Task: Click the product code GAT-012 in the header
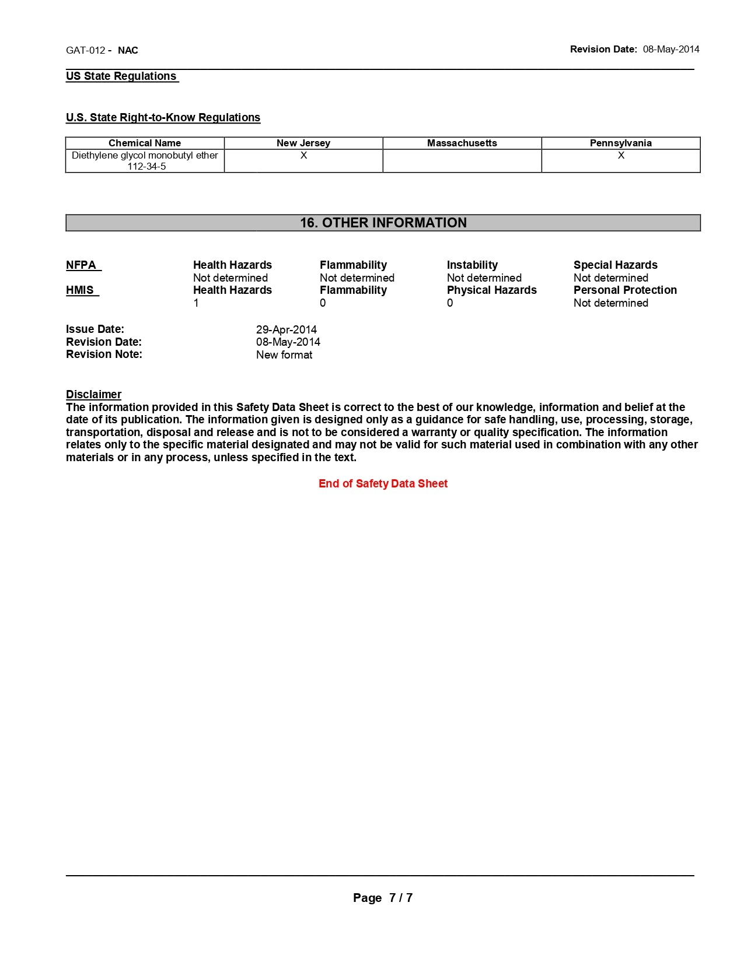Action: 85,50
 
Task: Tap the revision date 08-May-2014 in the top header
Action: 671,50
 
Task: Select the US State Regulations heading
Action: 121,76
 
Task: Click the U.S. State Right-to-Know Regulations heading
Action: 163,118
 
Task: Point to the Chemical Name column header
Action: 145,143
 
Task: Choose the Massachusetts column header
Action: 462,143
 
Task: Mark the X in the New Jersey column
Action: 303,156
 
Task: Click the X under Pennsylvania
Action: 621,156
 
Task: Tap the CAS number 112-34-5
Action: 146,167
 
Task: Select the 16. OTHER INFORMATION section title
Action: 383,223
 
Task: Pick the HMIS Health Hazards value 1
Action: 196,303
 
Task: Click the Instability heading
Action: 472,265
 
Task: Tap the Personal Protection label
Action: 625,290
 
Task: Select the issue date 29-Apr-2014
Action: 286,330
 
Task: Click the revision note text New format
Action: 284,355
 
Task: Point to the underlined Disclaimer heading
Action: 93,395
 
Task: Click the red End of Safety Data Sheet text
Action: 383,484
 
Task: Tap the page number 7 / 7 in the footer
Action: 400,898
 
